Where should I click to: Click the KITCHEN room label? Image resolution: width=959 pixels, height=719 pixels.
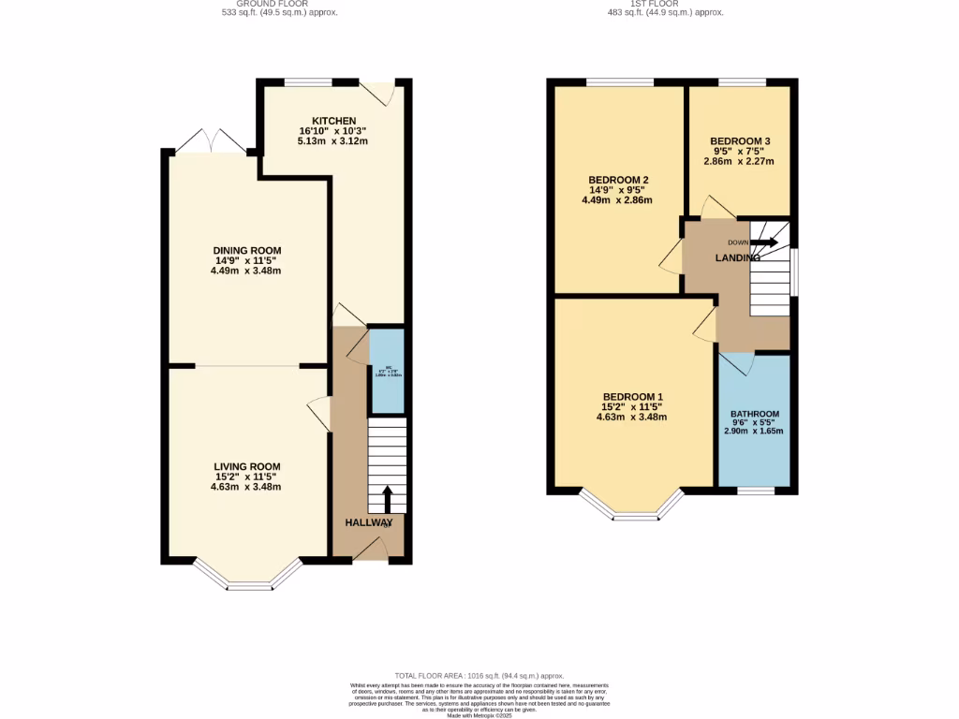tap(333, 121)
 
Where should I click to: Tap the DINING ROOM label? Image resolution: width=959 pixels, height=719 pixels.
tap(246, 250)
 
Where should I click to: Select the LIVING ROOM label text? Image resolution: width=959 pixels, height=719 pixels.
tap(246, 466)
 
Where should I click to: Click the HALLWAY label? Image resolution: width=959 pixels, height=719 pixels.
tap(368, 522)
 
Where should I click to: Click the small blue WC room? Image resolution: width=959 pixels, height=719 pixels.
tap(387, 371)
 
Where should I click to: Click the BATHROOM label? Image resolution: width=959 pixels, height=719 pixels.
tap(755, 414)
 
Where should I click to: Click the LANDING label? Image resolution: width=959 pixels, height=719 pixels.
tap(738, 257)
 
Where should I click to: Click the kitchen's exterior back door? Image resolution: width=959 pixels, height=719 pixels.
tap(379, 93)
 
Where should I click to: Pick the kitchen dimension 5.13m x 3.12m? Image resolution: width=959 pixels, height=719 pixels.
tap(333, 141)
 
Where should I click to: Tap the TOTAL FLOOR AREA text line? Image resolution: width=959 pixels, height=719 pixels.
tap(479, 675)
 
